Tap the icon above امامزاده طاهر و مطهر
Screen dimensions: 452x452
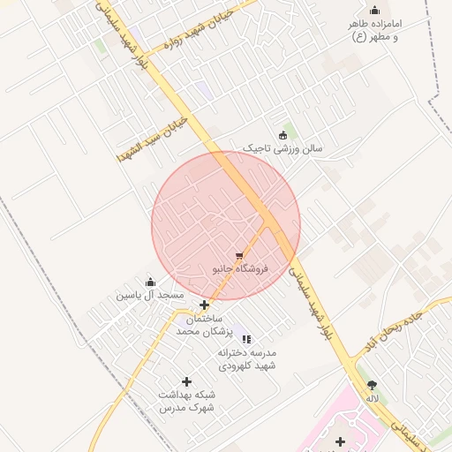coord(374,11)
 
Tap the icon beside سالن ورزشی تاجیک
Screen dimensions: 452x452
coord(282,135)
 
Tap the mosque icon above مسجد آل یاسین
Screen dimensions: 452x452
coord(149,282)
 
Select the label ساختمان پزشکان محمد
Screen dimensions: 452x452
coord(204,324)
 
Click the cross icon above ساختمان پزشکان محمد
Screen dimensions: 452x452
coord(204,305)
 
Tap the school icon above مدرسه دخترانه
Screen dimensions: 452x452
coord(246,338)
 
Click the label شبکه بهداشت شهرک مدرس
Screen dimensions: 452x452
coord(186,401)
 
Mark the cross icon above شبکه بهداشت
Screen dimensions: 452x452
coord(186,381)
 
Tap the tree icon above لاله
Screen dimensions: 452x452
coord(372,385)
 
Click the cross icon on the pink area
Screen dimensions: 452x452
coord(340,441)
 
